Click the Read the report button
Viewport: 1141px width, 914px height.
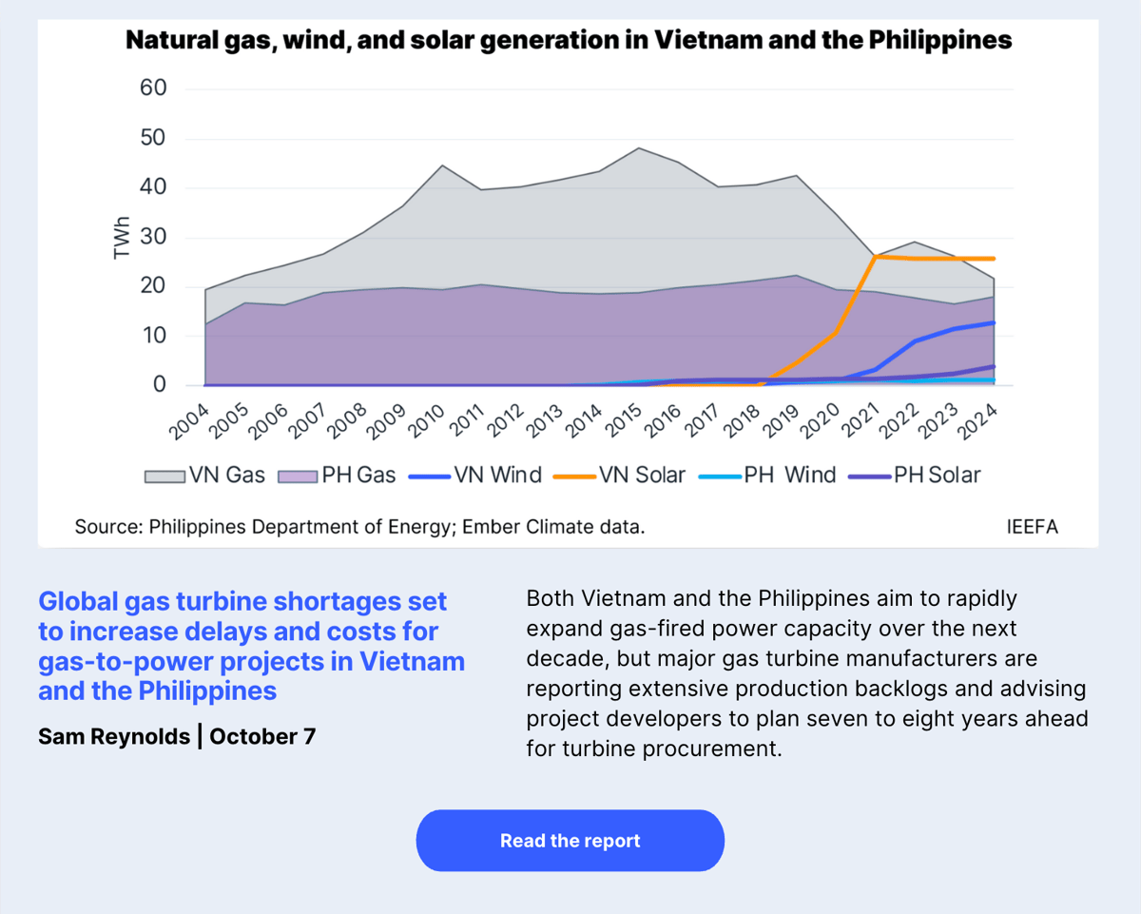[x=570, y=841]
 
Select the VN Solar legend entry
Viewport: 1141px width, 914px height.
[x=642, y=475]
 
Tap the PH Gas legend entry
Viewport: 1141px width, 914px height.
[x=358, y=475]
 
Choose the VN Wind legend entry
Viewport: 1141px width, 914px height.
[x=497, y=475]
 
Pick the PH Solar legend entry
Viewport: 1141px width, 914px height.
[x=937, y=475]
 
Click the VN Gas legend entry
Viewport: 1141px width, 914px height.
[x=226, y=475]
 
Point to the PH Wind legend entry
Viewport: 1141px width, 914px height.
[x=789, y=475]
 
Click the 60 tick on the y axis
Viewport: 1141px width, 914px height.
[x=153, y=88]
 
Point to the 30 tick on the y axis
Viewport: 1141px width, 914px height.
[x=153, y=237]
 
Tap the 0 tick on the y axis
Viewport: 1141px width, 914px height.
[x=159, y=385]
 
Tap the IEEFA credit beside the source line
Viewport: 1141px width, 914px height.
[x=1032, y=526]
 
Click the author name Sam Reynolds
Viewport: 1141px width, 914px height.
[x=114, y=736]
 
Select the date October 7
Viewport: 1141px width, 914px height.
[x=262, y=736]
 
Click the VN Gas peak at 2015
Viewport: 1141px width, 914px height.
[x=639, y=148]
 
